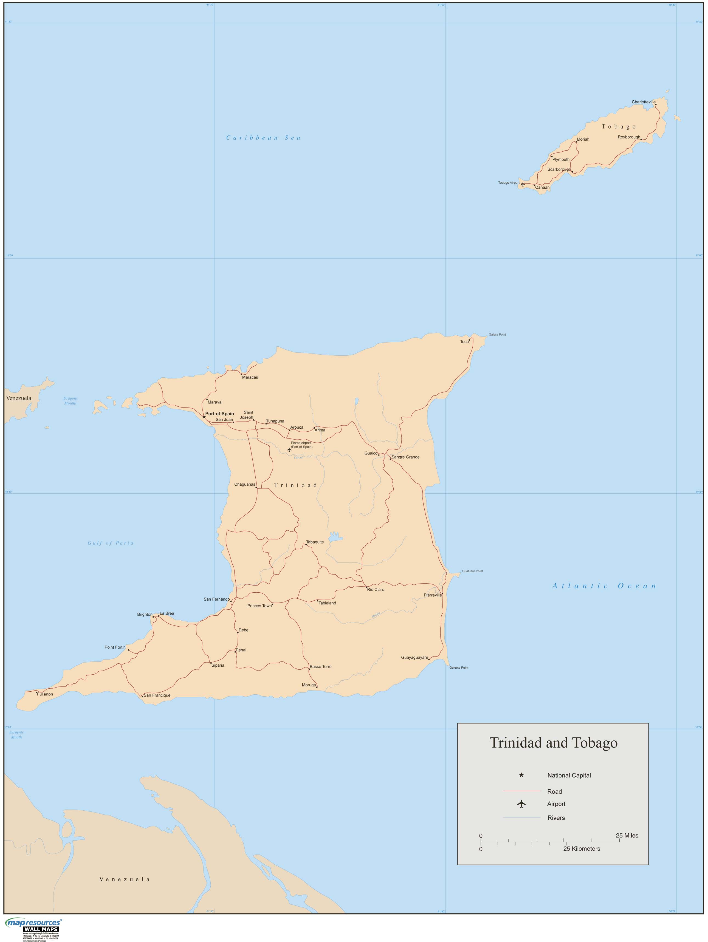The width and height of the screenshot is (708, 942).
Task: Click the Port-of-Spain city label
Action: point(219,414)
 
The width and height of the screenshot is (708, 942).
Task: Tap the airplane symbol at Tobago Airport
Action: point(523,184)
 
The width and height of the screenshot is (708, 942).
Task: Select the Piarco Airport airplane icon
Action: point(289,449)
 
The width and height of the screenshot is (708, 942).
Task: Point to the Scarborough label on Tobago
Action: point(559,169)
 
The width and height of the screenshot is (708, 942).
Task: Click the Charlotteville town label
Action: point(643,102)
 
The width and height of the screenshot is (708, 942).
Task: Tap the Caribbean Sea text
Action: point(263,138)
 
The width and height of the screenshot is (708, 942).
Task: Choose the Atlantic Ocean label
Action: point(604,586)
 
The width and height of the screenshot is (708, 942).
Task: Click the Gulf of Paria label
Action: point(111,543)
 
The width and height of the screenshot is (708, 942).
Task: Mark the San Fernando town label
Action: point(216,599)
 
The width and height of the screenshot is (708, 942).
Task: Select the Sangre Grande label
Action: point(405,457)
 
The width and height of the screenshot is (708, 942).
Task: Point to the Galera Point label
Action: point(497,335)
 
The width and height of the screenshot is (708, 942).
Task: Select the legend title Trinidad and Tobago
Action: point(553,743)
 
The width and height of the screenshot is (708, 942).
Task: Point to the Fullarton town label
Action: point(45,694)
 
